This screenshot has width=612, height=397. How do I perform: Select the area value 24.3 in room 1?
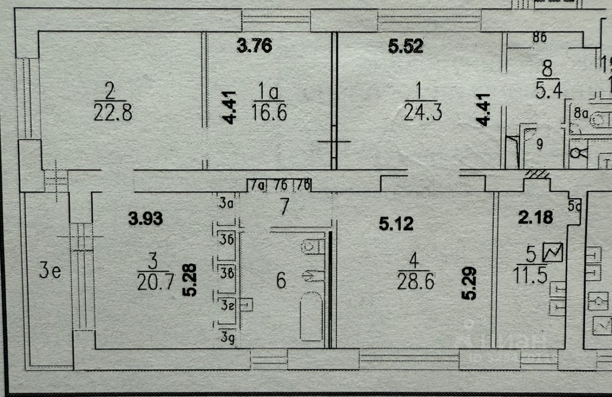pyautogui.click(x=422, y=114)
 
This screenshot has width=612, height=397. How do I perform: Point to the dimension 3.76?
pyautogui.click(x=254, y=46)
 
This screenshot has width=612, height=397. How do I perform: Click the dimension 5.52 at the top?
pyautogui.click(x=405, y=46)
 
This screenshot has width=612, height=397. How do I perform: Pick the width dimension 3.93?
pyautogui.click(x=145, y=219)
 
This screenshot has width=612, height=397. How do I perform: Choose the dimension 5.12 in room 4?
pyautogui.click(x=396, y=223)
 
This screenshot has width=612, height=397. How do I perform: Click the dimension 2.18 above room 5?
pyautogui.click(x=535, y=217)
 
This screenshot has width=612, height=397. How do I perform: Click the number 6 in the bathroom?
pyautogui.click(x=281, y=280)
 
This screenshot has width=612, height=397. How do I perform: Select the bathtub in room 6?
pyautogui.click(x=311, y=318)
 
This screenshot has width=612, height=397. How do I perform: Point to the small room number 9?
pyautogui.click(x=539, y=145)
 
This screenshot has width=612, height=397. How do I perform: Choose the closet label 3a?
pyautogui.click(x=225, y=204)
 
